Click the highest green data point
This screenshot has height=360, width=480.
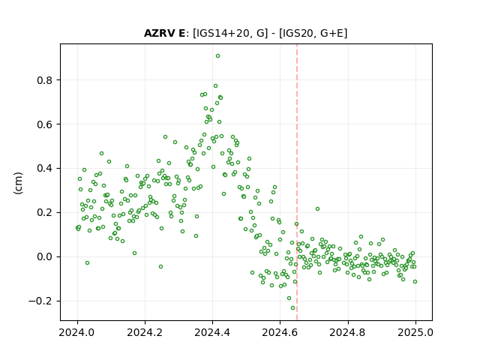217,56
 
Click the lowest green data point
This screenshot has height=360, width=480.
293,308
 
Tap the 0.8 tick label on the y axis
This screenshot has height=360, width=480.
45,80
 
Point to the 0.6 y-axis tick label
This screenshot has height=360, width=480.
45,124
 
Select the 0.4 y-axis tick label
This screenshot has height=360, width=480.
45,169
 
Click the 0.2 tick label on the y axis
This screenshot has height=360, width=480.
45,213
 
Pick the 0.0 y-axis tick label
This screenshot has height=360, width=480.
45,256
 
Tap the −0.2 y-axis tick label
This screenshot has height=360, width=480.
40,301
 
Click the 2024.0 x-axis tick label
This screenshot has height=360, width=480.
77,332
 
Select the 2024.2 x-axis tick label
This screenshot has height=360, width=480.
145,332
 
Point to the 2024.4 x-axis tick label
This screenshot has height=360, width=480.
212,332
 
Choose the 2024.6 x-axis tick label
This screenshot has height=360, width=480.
280,332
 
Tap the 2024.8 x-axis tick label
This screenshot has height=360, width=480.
348,332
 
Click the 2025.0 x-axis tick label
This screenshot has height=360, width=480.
415,332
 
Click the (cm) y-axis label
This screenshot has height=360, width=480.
18,183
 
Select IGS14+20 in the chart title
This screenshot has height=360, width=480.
222,33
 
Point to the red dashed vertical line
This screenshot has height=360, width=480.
297,182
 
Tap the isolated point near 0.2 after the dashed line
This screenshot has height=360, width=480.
317,209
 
